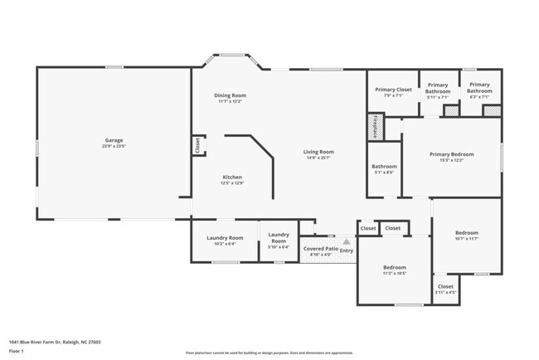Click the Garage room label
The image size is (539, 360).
[x=113, y=141]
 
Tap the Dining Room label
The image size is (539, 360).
[x=230, y=95]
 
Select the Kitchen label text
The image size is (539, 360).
[x=231, y=178]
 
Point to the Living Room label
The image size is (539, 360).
[x=318, y=152]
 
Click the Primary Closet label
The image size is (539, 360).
[x=393, y=90]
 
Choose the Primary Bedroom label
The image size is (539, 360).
[x=451, y=154]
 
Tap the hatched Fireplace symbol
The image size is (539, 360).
[x=375, y=127]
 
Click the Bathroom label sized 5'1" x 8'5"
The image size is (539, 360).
[x=384, y=167]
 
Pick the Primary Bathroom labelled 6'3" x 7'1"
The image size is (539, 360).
[x=479, y=88]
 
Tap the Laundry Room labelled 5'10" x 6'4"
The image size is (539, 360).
[x=278, y=238]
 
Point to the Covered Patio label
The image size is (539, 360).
[x=320, y=249]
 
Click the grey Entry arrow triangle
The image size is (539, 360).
[x=347, y=242]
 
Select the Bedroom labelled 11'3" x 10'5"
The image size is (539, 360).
[x=394, y=268]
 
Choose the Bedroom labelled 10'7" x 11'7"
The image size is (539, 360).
[x=466, y=234]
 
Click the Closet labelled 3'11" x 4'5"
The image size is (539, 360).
[x=445, y=287]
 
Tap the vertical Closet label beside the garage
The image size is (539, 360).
[x=197, y=145]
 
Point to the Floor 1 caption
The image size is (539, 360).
[x=17, y=351]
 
